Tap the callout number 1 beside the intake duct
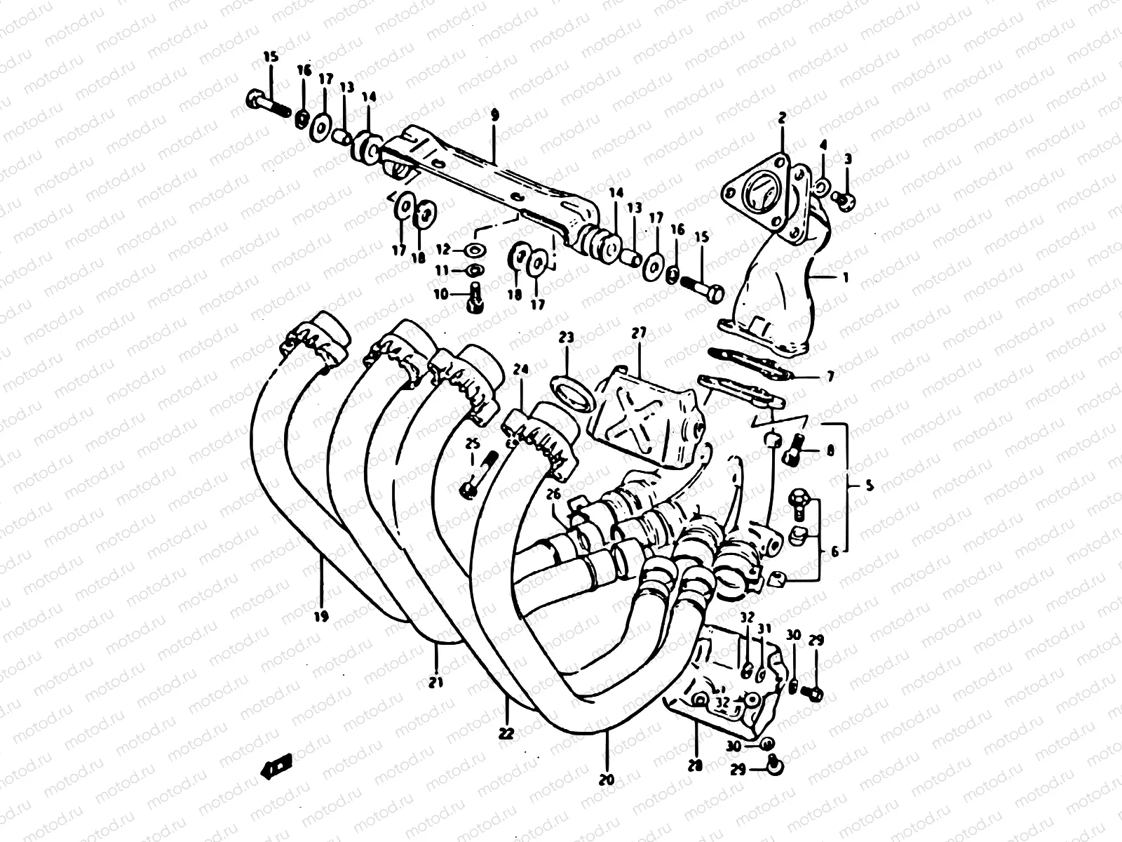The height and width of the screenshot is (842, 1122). click(x=846, y=278)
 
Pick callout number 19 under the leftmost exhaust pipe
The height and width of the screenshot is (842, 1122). click(x=321, y=617)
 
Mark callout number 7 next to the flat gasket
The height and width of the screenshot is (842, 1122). click(x=830, y=377)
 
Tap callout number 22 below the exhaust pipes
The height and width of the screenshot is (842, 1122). click(x=506, y=733)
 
